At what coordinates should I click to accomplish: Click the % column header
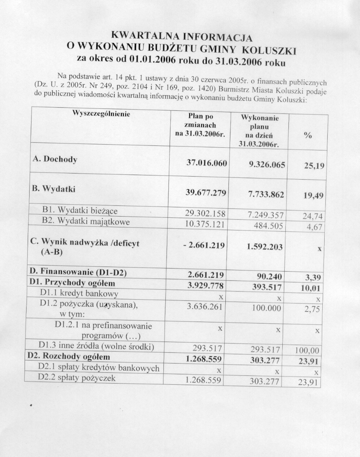[307, 135]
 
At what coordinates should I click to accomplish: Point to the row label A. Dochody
[55, 160]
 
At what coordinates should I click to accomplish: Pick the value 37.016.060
[207, 163]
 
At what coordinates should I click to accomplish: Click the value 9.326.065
[267, 165]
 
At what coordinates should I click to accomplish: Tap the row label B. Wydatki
[53, 189]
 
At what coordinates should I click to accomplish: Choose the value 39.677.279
[206, 193]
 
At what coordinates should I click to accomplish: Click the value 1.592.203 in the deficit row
[265, 247]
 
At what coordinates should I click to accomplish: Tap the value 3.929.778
[205, 285]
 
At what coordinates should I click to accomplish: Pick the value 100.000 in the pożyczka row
[268, 308]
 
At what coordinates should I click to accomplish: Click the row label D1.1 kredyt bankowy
[79, 294]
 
